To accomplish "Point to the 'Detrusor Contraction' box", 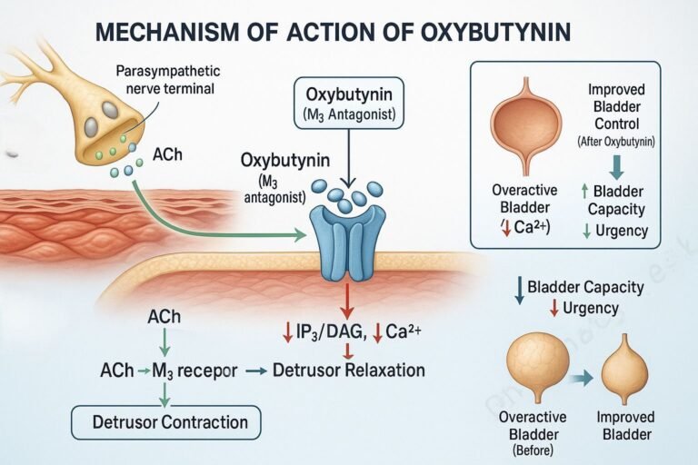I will [x=165, y=422].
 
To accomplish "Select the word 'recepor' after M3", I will [x=210, y=371].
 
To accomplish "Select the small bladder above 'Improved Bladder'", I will [x=625, y=368].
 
